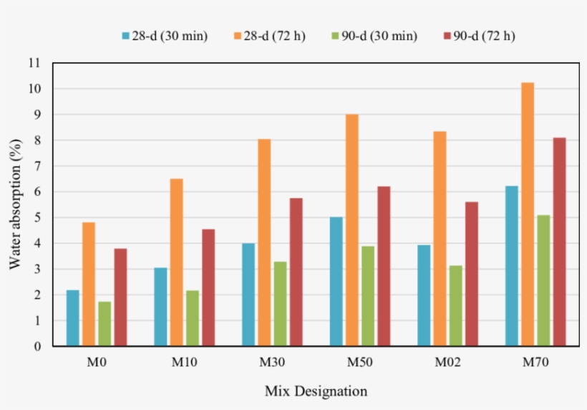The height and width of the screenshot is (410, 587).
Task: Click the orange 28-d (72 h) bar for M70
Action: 528,214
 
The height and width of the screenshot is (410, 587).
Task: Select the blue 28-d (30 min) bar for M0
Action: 73,318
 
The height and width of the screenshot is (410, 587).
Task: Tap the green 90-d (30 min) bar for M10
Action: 192,318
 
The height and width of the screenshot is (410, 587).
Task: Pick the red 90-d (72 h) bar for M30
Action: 296,272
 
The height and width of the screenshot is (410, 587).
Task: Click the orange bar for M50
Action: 352,230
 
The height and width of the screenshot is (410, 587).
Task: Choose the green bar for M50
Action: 368,296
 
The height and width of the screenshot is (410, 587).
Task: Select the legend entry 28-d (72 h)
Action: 269,36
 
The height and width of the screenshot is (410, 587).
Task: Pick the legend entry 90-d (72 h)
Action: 479,36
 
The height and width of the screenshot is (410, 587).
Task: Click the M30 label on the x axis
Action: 272,363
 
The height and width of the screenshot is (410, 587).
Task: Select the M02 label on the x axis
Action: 447,363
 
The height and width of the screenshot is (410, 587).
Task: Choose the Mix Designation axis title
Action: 316,391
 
